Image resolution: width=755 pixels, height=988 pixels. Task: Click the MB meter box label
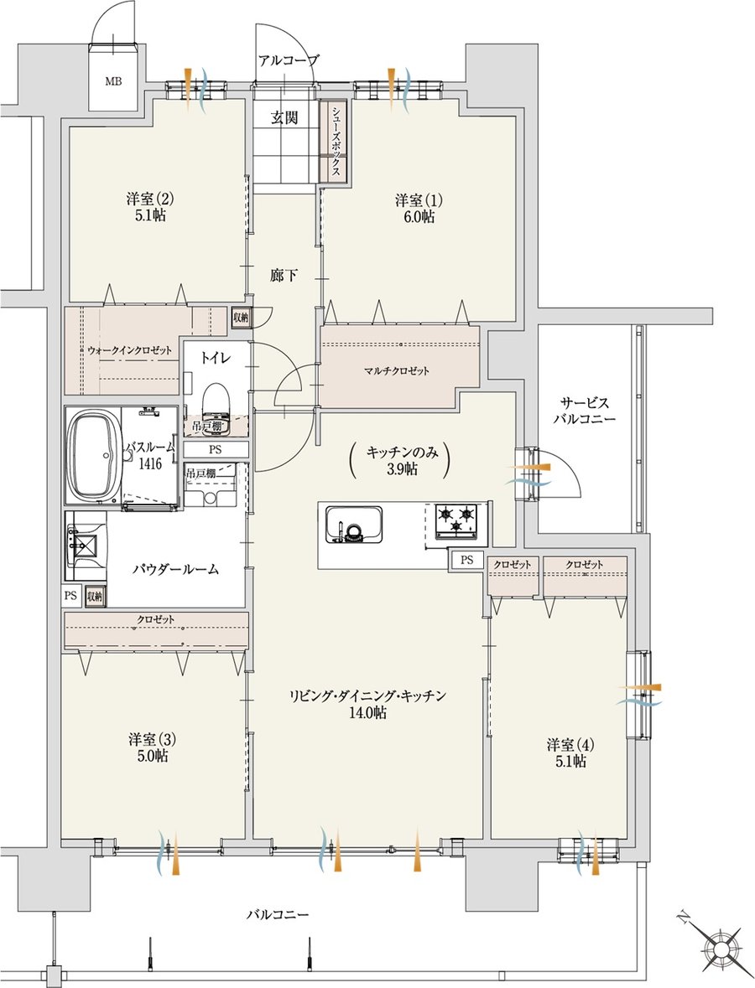pos(113,80)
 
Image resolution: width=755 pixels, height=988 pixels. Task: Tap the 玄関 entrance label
pos(284,117)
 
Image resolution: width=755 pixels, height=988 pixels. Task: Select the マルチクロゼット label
pos(397,371)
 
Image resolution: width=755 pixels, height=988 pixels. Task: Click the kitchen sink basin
pos(352,525)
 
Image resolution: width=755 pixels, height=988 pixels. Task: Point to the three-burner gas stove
pos(456,521)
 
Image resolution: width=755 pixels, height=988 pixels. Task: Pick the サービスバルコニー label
pos(584,410)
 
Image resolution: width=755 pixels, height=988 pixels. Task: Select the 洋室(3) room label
pos(150,747)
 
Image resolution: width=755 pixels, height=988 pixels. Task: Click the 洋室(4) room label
pos(570,753)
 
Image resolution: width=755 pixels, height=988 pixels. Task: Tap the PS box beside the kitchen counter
pos(466,560)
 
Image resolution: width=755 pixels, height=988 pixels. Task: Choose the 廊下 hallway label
pos(284,276)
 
